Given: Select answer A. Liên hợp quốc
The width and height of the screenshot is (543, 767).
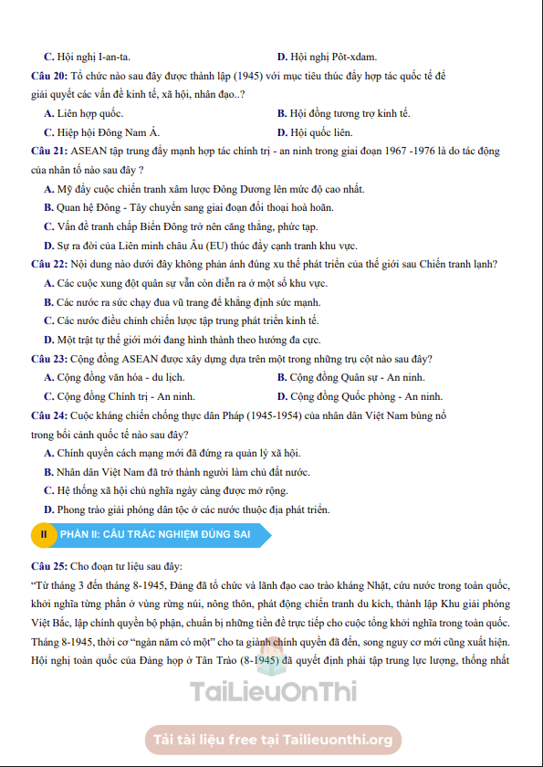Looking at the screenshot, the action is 83,113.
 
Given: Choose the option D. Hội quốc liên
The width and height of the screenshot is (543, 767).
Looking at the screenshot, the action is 316,131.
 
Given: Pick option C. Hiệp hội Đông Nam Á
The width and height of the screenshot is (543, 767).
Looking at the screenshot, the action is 101,131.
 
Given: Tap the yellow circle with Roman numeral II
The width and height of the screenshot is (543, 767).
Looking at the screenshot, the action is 44,534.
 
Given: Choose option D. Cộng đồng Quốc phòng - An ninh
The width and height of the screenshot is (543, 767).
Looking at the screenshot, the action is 360,396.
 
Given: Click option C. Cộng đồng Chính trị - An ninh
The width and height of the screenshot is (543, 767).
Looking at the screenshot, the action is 119,396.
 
